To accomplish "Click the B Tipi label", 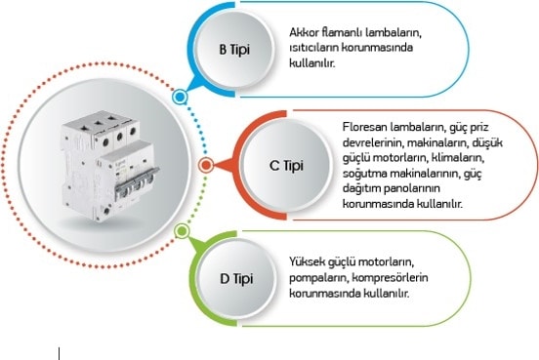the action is tap(234, 50).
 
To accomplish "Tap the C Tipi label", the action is tap(286, 166).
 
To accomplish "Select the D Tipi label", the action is tap(236, 279).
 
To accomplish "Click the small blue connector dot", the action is tap(180, 98).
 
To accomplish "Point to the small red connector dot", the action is tap(206, 166).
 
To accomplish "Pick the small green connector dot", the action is tap(182, 231).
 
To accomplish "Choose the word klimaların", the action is tap(458, 158).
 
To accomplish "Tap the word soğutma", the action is tap(362, 174).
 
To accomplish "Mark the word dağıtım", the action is tap(360, 189).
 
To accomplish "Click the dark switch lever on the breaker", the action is tap(138, 180).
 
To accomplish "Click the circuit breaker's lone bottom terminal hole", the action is tap(106, 210).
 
